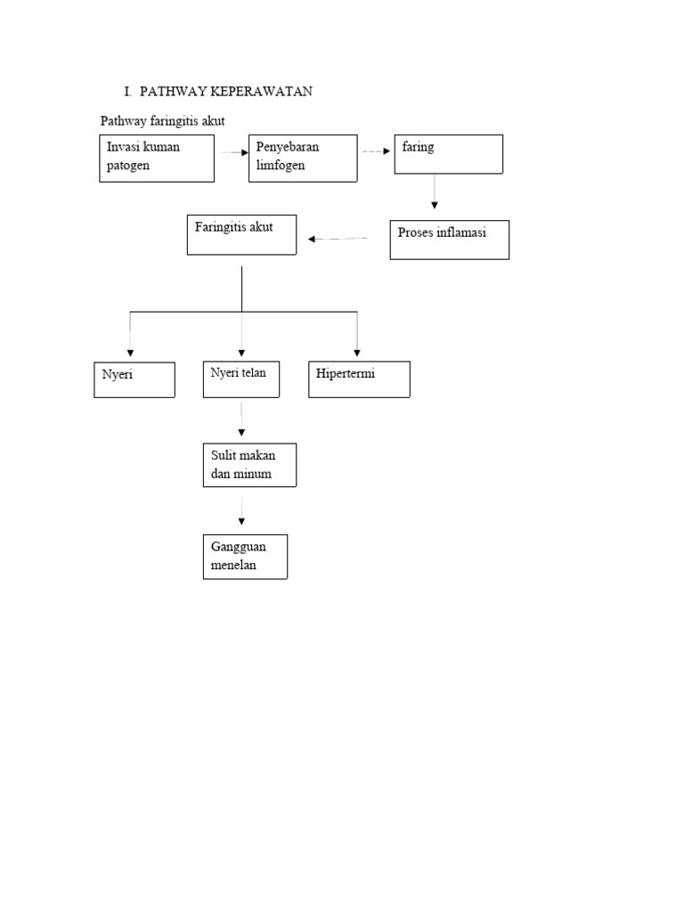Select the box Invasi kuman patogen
(157, 159)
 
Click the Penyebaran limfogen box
(303, 159)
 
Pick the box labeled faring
(449, 154)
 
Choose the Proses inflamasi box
(449, 240)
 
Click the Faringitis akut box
(241, 235)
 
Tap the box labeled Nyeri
(134, 379)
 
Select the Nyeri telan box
(241, 379)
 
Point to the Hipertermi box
(359, 379)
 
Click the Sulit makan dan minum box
(249, 465)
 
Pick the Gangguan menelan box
(245, 557)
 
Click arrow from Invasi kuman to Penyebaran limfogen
(233, 152)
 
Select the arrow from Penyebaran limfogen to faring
(375, 151)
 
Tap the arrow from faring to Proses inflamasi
(434, 191)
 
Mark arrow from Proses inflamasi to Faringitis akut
(338, 239)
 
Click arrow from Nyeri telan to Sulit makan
(241, 419)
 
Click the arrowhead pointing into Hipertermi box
(357, 354)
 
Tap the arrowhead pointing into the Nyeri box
(131, 354)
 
